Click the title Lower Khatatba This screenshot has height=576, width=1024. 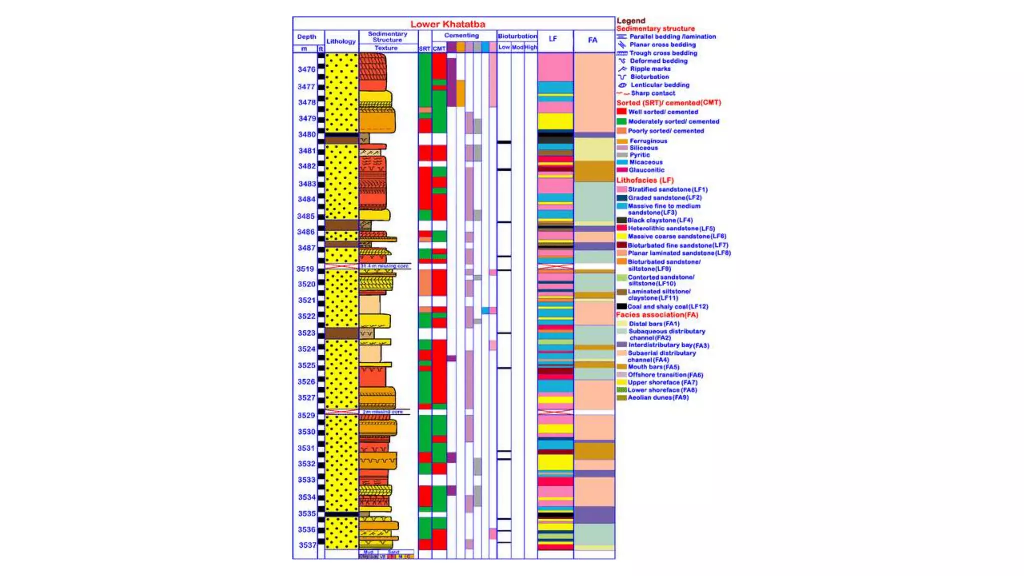coord(448,24)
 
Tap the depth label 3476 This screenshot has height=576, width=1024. coord(306,69)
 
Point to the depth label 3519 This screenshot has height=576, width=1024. coord(305,269)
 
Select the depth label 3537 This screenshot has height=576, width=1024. coord(307,545)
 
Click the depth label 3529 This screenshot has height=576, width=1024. coord(306,415)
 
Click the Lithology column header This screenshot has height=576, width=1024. coord(341,41)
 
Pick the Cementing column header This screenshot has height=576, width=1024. coord(461,35)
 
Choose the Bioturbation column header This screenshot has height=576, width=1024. coord(517,36)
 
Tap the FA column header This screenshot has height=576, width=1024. coord(593,40)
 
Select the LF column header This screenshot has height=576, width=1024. coord(553,39)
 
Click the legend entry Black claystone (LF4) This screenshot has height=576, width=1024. coord(659,220)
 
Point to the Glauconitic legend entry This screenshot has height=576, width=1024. coord(646,170)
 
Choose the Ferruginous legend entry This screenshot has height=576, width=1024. coord(648,141)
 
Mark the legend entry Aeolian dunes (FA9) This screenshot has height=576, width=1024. coord(658,398)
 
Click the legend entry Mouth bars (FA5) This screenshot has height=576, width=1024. coord(653,367)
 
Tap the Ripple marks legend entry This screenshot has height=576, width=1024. coord(650,69)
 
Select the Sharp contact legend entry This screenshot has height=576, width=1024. coord(652,93)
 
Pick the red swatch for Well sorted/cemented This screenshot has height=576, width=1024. coord(621,112)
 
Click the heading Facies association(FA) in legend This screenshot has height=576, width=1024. coord(657,315)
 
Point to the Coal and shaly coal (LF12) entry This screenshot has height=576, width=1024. coord(667,307)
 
